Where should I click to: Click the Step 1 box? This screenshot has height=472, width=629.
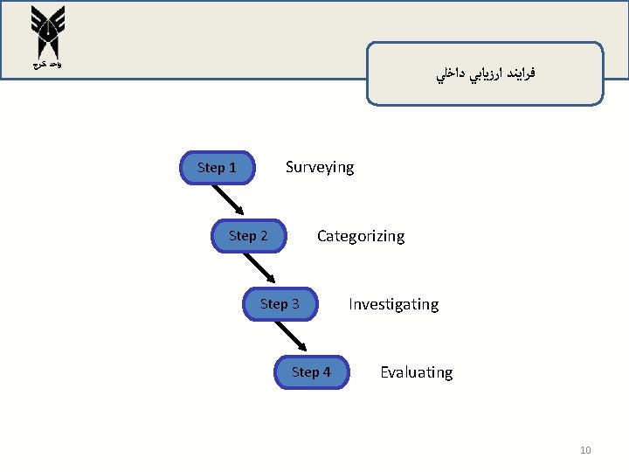pyautogui.click(x=217, y=168)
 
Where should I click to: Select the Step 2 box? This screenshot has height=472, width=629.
pyautogui.click(x=249, y=236)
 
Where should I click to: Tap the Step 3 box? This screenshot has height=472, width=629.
pyautogui.click(x=280, y=304)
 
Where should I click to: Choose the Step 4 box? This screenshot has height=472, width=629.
pyautogui.click(x=311, y=372)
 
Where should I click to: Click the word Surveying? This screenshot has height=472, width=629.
pyautogui.click(x=320, y=167)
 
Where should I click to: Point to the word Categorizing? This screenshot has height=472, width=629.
pyautogui.click(x=360, y=236)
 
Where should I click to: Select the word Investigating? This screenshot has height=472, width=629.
pyautogui.click(x=393, y=304)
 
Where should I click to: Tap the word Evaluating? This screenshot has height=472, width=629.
pyautogui.click(x=416, y=372)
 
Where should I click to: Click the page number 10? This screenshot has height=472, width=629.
pyautogui.click(x=585, y=450)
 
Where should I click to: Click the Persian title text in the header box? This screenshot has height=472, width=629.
pyautogui.click(x=486, y=74)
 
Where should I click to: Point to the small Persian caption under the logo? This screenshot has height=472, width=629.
pyautogui.click(x=42, y=66)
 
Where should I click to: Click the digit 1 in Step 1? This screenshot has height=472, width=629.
pyautogui.click(x=232, y=168)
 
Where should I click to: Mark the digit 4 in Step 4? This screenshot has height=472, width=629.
pyautogui.click(x=327, y=372)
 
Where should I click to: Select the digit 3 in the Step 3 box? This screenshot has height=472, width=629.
pyautogui.click(x=295, y=304)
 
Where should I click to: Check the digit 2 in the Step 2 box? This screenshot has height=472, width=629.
pyautogui.click(x=264, y=236)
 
